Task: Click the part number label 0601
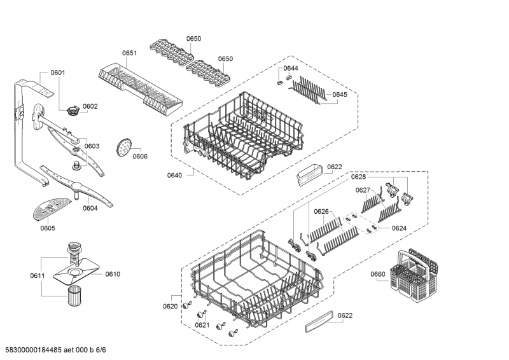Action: coord(58,73)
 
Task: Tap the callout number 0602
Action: coord(90,106)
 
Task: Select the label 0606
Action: coord(140,156)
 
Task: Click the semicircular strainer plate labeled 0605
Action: coord(52,209)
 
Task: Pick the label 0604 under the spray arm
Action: coord(90,209)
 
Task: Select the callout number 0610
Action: coord(113,274)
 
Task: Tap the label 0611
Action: coord(38,276)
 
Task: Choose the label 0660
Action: coord(378,274)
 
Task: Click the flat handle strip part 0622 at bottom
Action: coord(319,321)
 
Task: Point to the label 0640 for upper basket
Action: coord(174,176)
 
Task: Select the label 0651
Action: coord(130,53)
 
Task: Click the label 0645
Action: coord(340,95)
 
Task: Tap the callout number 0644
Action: coord(291,68)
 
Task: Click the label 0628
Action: coord(358,177)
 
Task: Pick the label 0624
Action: coord(399,228)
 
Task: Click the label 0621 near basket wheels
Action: coord(202,325)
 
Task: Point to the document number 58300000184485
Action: coord(34,350)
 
